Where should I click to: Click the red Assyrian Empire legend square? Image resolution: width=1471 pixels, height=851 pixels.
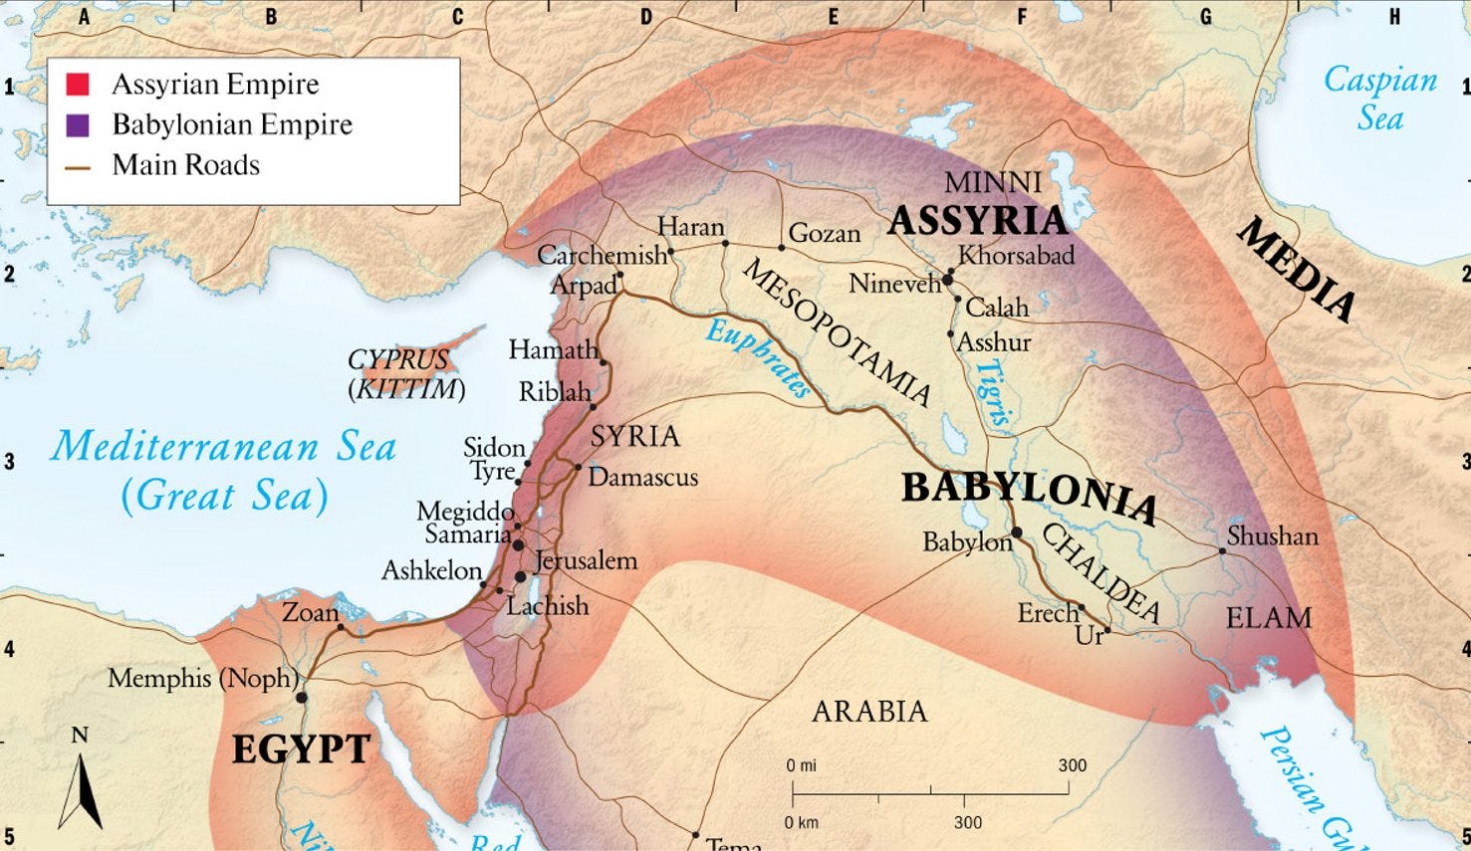78,85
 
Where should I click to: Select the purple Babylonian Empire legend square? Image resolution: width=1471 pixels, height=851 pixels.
78,125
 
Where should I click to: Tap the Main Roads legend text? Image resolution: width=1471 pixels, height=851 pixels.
185,165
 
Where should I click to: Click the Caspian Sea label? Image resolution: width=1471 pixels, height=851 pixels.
1379,99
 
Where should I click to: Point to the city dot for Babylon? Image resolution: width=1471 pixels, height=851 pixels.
1017,533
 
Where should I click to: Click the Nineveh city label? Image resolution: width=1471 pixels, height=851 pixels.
894,285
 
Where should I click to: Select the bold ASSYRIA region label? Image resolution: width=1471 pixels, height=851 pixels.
977,220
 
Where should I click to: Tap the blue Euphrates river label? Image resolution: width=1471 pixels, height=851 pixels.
760,358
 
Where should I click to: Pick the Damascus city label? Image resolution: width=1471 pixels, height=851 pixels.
642,478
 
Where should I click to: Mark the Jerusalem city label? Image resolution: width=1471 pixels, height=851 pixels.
586,560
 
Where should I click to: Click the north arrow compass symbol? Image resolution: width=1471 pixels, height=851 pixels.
80,781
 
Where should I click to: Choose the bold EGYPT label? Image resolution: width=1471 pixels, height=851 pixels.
301,748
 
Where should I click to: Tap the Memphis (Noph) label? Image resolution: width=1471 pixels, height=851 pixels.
203,679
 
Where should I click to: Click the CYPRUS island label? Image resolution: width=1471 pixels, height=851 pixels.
398,359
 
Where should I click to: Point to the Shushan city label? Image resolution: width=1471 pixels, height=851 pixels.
1272,536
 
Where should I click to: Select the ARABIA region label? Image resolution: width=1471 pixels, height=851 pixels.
869,712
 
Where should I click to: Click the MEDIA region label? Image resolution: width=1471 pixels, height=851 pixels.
1296,270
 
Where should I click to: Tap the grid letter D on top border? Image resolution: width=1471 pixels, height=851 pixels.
645,17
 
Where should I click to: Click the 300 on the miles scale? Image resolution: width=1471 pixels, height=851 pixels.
1072,765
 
